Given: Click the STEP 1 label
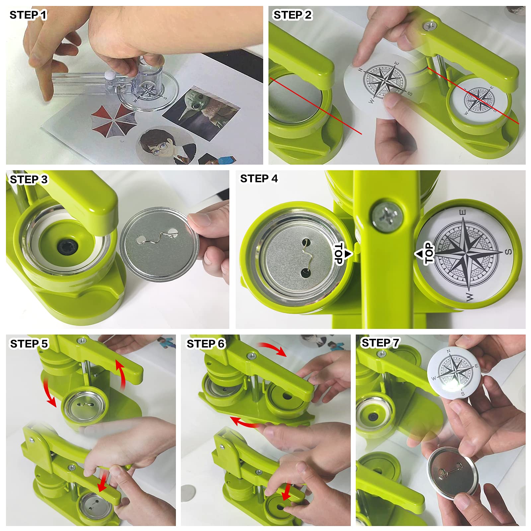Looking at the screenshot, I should tap(28, 15).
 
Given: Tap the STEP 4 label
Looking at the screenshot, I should tap(259, 179).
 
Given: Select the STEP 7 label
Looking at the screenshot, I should tap(380, 343).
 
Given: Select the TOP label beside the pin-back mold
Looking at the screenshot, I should tap(339, 254).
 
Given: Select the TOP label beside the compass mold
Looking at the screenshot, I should tap(429, 253).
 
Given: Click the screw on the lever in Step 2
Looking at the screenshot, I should tap(430, 25).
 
